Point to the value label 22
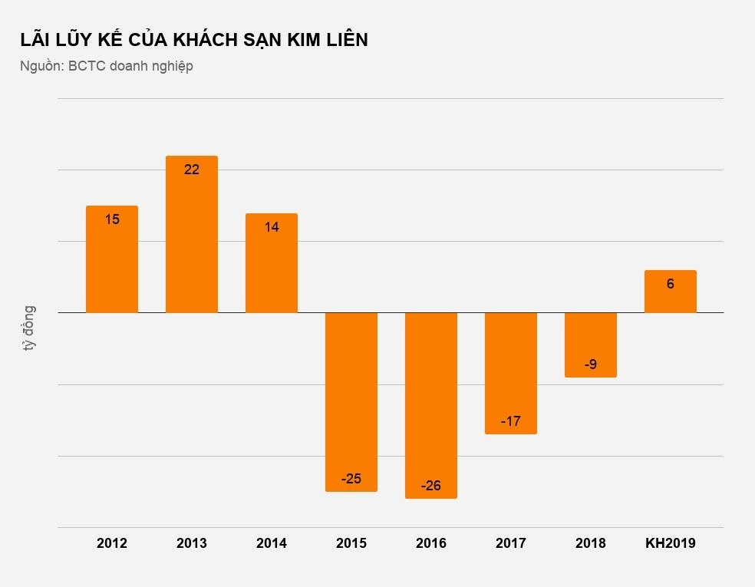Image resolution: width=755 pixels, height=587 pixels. [192, 170]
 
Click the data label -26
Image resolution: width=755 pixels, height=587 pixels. [432, 486]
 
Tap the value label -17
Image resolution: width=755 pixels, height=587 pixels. [511, 421]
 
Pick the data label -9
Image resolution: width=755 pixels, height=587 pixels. [591, 364]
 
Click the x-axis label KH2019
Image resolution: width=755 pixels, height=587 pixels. [671, 543]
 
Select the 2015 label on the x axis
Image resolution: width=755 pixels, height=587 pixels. [351, 543]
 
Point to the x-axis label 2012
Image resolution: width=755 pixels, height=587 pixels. [112, 543]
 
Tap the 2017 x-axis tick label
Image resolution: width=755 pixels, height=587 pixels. [511, 543]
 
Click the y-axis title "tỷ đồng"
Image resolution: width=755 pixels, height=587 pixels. [29, 328]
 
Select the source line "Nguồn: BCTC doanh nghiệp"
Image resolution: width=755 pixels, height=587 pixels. [107, 66]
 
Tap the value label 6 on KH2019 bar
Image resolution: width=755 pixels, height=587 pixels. [671, 284]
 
